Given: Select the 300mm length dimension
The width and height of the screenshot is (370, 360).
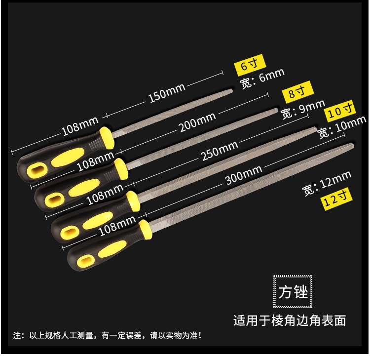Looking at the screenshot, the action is [243, 175].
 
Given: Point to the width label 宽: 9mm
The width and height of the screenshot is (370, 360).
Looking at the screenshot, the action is [302, 109].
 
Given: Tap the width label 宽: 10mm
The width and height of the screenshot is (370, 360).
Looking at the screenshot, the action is [342, 126].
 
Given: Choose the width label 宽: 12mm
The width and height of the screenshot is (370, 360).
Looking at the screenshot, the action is [326, 182].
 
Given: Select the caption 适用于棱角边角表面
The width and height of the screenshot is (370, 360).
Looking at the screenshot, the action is [290, 320].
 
